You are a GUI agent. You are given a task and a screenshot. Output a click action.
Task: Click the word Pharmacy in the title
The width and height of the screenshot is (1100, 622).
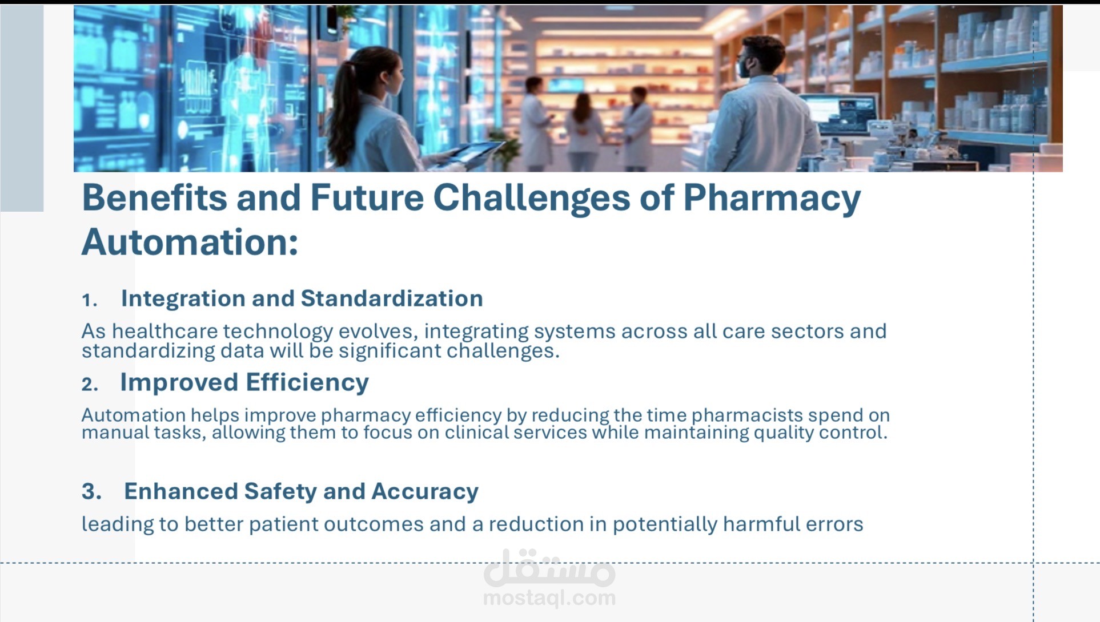[771, 198]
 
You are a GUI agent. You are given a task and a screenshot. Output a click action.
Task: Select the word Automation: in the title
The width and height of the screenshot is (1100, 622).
[190, 243]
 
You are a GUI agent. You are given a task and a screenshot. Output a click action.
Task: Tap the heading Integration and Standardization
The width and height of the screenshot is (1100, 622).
[302, 298]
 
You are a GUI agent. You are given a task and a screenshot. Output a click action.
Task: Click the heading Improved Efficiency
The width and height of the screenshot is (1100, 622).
[244, 382]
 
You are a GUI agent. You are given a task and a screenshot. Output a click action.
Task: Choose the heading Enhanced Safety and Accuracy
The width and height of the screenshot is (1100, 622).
[301, 491]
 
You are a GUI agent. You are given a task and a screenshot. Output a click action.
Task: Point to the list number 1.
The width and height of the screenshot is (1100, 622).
[89, 300]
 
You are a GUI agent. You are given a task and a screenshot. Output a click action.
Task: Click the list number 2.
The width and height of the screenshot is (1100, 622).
[90, 384]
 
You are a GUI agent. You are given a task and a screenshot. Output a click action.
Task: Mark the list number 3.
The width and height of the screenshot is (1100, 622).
[91, 491]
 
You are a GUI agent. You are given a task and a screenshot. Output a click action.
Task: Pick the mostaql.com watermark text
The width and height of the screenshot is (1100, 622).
[549, 598]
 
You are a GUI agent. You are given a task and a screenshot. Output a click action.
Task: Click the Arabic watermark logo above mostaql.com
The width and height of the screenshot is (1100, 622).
[549, 568]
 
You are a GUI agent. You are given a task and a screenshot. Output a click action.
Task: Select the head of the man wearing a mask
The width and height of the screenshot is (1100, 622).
[760, 57]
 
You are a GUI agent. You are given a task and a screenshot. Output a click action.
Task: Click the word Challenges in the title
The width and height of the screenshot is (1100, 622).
[531, 198]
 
